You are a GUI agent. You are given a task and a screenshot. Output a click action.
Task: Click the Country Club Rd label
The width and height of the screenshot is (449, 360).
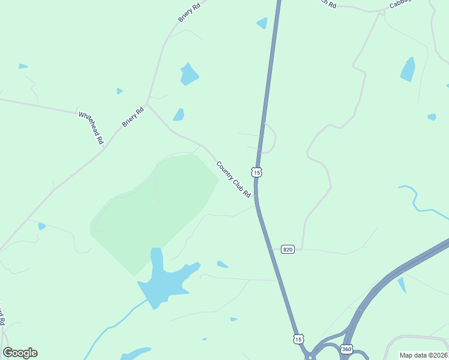tap(233, 179)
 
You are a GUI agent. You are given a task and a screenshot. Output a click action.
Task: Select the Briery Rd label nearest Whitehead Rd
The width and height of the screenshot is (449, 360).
tap(133, 116)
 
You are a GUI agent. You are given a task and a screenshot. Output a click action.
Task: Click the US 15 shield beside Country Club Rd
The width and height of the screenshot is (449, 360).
tap(257, 172)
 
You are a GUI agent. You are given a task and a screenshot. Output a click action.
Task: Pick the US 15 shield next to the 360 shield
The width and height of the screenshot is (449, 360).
tap(298, 339)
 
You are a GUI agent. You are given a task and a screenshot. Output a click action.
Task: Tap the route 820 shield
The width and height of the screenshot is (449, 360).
tap(288, 249)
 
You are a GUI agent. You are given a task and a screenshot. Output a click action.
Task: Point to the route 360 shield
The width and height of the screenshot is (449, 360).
tap(346, 349)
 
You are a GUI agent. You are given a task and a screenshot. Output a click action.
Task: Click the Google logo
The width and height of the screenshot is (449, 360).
tap(20, 353)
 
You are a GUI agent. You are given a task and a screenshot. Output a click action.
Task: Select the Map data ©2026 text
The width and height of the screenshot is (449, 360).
tap(424, 355)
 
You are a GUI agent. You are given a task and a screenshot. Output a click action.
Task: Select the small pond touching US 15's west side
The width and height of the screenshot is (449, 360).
tap(262, 23)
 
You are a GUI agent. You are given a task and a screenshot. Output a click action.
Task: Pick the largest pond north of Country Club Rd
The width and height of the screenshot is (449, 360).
tap(189, 74)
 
